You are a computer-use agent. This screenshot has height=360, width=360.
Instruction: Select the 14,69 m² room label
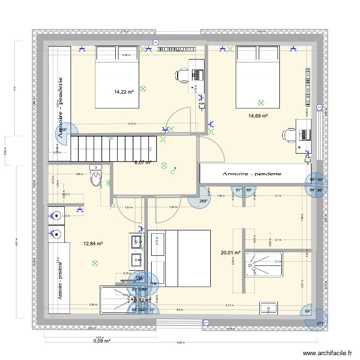(x=258, y=116)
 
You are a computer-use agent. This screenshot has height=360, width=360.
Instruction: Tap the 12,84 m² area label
(x=93, y=243)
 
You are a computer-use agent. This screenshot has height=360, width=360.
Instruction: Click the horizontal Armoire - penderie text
(x=252, y=173)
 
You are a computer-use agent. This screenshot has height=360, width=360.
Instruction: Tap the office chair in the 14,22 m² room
(x=182, y=75)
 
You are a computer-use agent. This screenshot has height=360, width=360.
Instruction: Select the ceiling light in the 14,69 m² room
(x=261, y=102)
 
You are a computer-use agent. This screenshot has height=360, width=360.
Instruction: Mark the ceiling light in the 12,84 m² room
(x=95, y=263)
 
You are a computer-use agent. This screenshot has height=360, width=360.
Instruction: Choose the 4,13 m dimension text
(x=131, y=124)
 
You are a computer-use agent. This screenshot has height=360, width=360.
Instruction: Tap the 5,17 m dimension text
(x=242, y=305)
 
